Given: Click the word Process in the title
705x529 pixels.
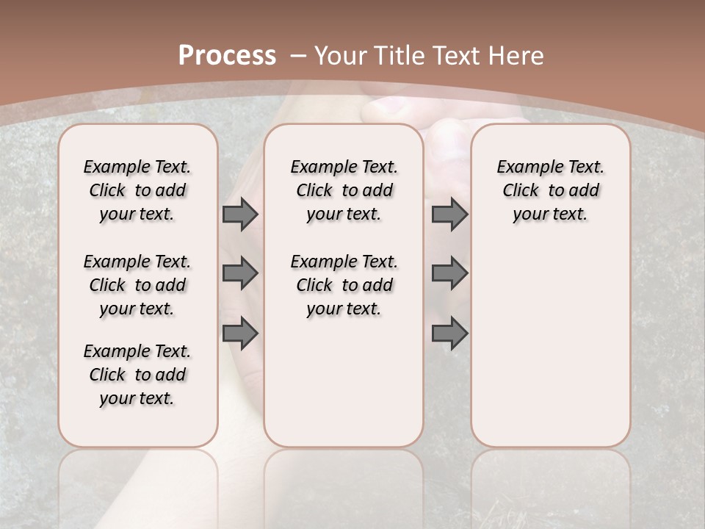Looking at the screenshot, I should (x=227, y=55).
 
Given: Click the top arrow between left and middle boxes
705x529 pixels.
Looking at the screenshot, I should (x=240, y=214).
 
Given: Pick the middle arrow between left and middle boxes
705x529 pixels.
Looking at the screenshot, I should (x=240, y=273).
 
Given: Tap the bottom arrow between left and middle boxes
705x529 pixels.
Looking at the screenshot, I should (x=240, y=334).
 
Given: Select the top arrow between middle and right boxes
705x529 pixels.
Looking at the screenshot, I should (x=449, y=214).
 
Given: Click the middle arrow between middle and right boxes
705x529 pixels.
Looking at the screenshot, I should (x=449, y=273).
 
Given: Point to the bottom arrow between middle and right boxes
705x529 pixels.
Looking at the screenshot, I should (x=449, y=334).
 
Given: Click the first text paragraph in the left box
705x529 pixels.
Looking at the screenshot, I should (x=137, y=190).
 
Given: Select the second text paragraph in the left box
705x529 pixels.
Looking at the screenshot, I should (x=137, y=285).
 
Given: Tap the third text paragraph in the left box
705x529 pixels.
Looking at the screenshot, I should (x=137, y=375).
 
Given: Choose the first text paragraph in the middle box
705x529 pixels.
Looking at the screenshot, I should (x=344, y=190).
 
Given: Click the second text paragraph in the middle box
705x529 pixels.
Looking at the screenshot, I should (x=344, y=285).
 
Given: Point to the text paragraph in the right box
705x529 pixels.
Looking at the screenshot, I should (x=550, y=190).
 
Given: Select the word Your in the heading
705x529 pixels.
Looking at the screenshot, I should (x=341, y=55).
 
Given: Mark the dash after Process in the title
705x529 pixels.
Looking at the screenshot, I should (x=297, y=55).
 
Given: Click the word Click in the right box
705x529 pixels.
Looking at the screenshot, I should (x=521, y=191).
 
